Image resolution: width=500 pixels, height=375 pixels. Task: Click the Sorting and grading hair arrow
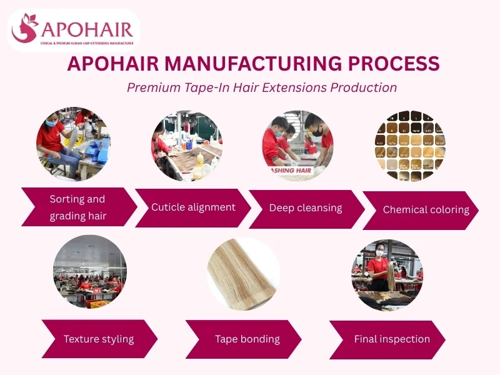click(78, 207)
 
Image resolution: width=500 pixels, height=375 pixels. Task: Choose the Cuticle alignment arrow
click(193, 207)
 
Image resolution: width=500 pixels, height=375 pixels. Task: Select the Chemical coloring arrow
click(426, 210)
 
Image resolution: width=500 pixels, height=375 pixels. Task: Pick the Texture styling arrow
click(99, 339)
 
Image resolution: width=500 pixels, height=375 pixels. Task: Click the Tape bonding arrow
click(247, 339)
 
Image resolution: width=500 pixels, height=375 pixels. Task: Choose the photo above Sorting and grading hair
click(73, 143)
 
